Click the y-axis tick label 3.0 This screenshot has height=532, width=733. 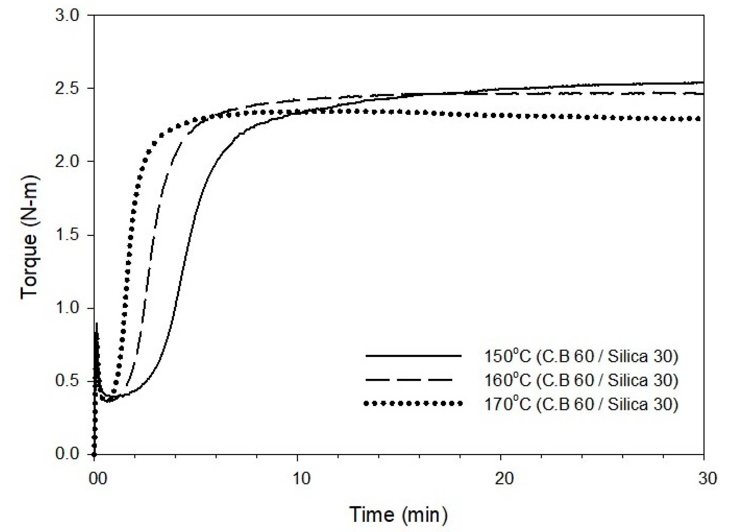pos(67,15)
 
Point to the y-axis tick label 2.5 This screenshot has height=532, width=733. pos(67,88)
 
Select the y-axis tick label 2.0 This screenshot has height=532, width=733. pos(67,161)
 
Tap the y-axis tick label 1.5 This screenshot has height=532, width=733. pos(67,235)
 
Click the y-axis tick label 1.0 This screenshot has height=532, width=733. pos(67,308)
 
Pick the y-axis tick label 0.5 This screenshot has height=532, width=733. pos(67,381)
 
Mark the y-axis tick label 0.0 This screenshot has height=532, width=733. pos(67,454)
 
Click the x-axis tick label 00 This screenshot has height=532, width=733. pos(98,478)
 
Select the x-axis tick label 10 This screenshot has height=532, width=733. pos(301,478)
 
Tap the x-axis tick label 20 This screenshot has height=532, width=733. pos(504,478)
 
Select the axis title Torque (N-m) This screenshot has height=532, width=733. pos(30,237)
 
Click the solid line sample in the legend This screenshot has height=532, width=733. pos(413,356)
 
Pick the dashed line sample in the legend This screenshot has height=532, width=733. pos(409,380)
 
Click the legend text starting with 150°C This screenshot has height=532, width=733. pos(581,356)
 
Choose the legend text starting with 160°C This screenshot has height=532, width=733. pos(581,380)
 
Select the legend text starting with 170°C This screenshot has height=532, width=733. pos(581,404)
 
